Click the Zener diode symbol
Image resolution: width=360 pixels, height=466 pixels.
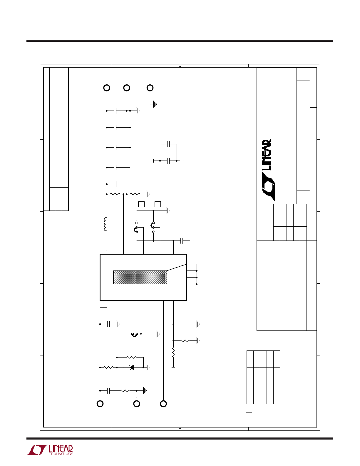[x=132, y=367]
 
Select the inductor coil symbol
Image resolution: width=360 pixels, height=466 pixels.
[x=105, y=224]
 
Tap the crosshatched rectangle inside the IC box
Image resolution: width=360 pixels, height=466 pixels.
[x=140, y=278]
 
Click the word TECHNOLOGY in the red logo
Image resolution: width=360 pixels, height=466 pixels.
[x=61, y=454]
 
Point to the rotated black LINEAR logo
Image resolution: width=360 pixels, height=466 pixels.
[x=267, y=170]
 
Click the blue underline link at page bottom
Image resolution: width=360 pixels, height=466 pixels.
[x=58, y=463]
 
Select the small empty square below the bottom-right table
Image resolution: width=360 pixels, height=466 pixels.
[x=249, y=410]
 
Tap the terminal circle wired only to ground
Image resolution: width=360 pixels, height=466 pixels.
[x=150, y=88]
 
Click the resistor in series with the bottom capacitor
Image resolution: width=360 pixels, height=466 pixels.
[x=125, y=391]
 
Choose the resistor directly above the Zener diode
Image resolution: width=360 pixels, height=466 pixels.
[x=132, y=357]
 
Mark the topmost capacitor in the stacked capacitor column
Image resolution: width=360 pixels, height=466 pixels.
[x=115, y=111]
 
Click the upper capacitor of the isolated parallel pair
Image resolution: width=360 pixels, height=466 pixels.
[x=168, y=144]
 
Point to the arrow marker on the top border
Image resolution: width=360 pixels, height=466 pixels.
[x=180, y=66]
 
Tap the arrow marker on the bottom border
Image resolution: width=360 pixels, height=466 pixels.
[x=180, y=429]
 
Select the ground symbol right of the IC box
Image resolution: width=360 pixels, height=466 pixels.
[x=201, y=284]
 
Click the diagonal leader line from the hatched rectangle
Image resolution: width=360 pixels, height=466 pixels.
[x=177, y=268]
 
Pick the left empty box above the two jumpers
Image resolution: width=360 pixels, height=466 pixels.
[x=141, y=204]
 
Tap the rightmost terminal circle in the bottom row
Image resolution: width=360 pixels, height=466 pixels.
[x=163, y=404]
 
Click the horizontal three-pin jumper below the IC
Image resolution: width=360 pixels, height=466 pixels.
[x=136, y=334]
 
